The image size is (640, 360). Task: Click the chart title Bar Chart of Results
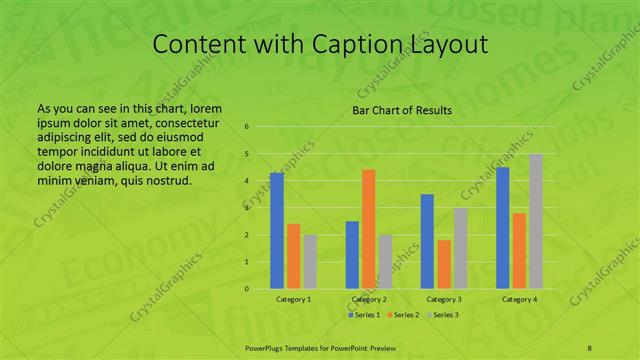402,110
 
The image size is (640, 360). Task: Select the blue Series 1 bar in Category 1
277,230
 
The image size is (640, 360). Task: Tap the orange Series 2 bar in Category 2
369,229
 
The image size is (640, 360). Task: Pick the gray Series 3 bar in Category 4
536,221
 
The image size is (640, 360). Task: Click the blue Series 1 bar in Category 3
427,241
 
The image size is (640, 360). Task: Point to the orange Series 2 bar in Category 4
519,250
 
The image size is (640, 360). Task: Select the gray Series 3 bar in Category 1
310,261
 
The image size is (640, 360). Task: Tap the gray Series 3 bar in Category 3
460,248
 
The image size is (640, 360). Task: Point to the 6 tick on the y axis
247,127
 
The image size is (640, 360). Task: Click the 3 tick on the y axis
247,208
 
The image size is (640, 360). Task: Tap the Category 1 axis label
293,299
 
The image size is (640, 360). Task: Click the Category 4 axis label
519,299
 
